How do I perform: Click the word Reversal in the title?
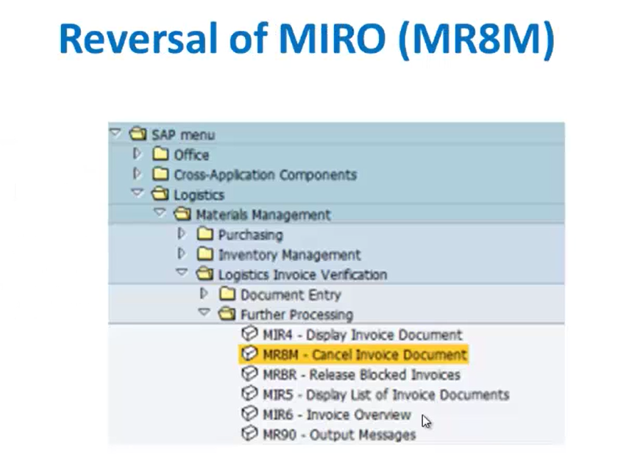tap(138, 38)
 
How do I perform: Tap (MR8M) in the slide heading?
tap(477, 40)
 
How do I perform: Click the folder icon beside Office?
tap(160, 154)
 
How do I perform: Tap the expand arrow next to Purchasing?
tap(181, 234)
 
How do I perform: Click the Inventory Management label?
tap(290, 255)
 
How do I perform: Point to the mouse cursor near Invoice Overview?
tap(426, 422)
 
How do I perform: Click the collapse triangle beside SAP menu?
tap(115, 132)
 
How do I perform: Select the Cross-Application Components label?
tap(266, 175)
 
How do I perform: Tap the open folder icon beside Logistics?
tap(160, 193)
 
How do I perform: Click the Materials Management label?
tap(263, 215)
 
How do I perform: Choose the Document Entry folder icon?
tap(227, 293)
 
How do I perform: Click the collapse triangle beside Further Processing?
tap(205, 312)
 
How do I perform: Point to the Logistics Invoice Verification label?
tap(302, 275)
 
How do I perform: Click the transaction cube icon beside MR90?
tap(249, 434)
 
